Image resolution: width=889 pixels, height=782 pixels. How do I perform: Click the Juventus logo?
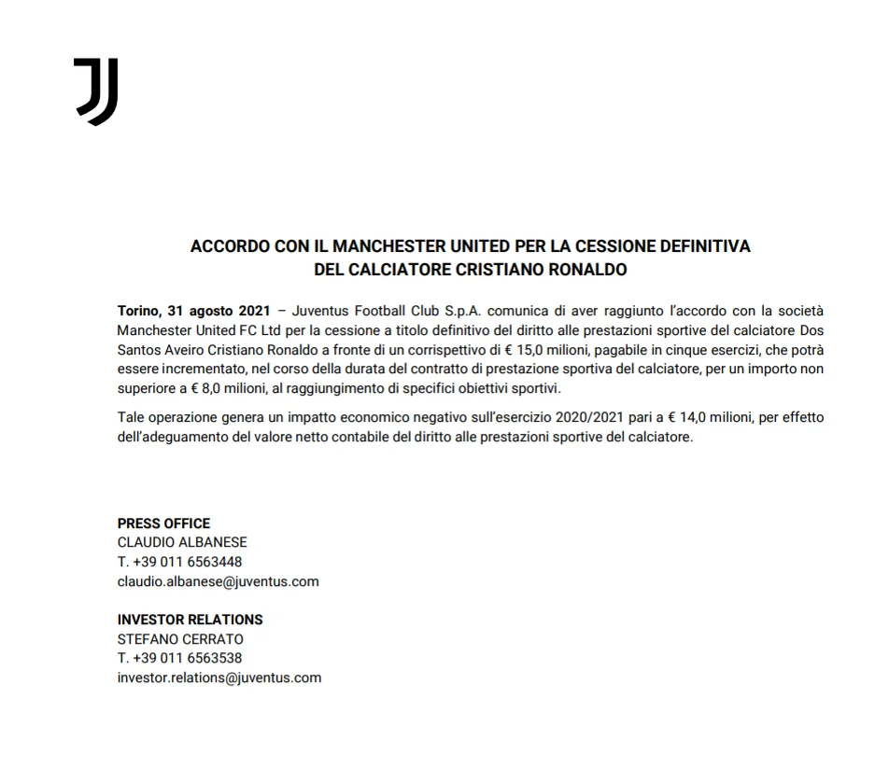point(96,91)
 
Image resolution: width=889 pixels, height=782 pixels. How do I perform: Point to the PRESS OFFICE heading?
point(163,524)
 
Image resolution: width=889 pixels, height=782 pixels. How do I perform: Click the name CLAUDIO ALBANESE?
point(182,542)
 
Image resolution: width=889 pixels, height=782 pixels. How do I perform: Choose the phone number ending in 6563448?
point(179,562)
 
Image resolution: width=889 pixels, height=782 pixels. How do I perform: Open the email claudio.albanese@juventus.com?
point(218,581)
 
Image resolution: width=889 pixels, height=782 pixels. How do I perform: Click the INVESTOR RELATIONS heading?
point(190,620)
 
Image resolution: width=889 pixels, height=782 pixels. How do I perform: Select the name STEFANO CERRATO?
point(180,639)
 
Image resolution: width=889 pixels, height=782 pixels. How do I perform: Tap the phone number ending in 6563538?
point(179,658)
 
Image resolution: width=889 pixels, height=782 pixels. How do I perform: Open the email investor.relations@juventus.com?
point(219,678)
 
